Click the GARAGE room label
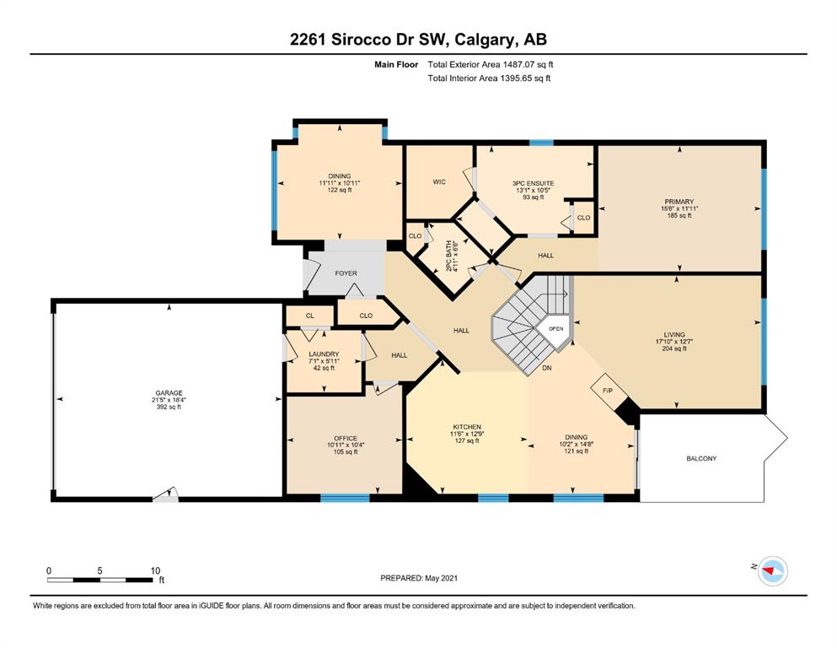point(169,392)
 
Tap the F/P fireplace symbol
point(608,391)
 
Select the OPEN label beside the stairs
point(555,328)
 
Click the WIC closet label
point(439,182)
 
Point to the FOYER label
point(346,273)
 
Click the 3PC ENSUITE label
point(534,183)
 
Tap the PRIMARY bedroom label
point(679,202)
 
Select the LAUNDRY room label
point(324,354)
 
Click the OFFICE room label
point(346,438)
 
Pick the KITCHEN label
point(467,427)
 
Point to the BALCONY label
point(701,458)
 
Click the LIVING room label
point(674,334)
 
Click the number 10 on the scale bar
point(155,570)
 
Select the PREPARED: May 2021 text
point(419,578)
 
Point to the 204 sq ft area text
point(674,348)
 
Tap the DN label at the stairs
point(546,368)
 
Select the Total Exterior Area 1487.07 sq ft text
point(490,64)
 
